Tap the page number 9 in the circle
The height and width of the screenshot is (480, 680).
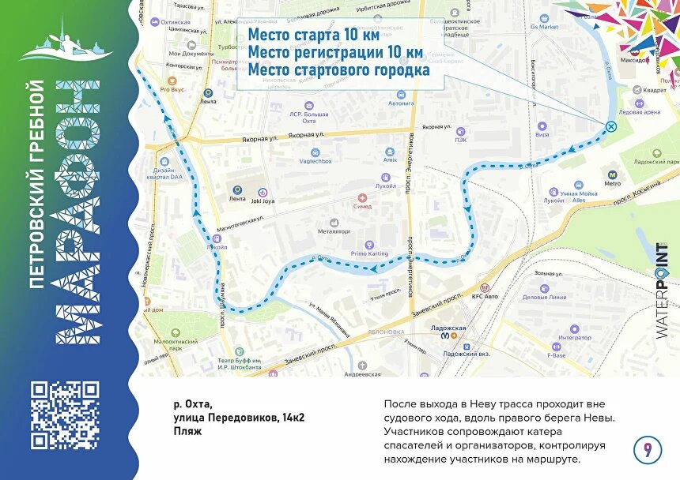648,450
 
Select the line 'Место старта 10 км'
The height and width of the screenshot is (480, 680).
314,36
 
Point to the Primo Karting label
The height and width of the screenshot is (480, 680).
369,253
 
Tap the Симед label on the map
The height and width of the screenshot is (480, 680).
363,206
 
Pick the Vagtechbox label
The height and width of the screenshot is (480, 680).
315,160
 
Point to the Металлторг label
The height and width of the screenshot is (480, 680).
334,232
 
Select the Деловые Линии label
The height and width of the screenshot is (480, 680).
545,298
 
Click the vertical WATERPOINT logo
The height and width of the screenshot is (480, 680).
662,291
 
